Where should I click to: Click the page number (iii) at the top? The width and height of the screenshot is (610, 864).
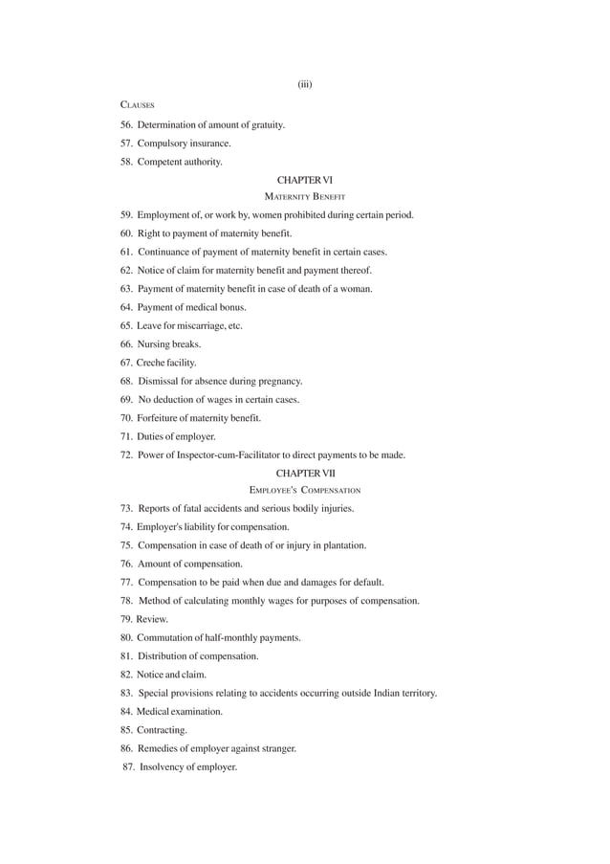coord(305,84)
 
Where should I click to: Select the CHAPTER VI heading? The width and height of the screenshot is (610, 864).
coord(305,180)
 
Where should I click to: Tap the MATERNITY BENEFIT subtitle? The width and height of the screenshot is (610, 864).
coord(305,196)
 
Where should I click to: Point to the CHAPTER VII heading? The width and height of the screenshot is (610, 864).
coord(305,474)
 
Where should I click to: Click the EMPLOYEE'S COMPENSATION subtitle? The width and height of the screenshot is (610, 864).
coord(305,490)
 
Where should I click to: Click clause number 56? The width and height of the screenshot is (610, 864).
coord(126,125)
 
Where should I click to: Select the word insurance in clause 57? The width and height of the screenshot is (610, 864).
coord(210,144)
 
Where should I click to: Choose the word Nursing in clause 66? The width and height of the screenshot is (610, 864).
coord(155,344)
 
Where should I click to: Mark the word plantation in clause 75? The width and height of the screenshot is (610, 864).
coord(343,545)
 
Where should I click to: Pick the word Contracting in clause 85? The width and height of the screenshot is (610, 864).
coord(162,730)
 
